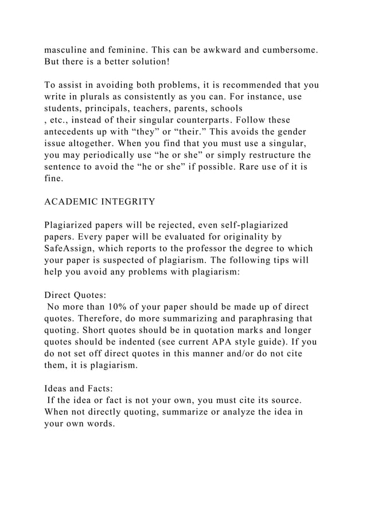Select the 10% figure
(119, 307)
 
